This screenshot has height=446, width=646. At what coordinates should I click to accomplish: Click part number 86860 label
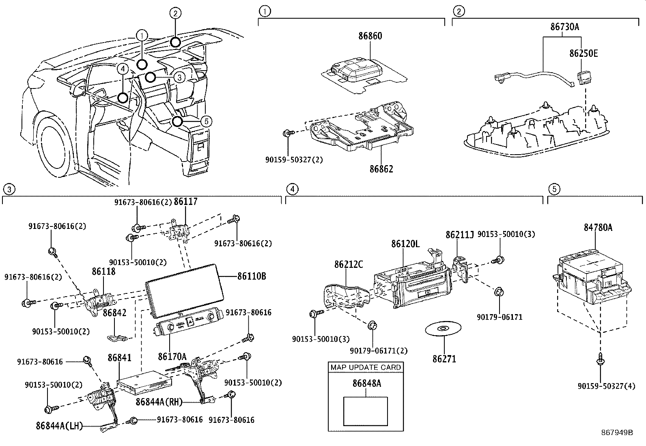tap(370, 36)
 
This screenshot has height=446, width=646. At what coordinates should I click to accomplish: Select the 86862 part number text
tap(381, 169)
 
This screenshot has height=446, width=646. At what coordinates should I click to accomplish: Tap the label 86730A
tap(564, 27)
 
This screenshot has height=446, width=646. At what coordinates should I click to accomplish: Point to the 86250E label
tap(583, 53)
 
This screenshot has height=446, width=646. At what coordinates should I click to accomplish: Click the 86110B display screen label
tap(252, 276)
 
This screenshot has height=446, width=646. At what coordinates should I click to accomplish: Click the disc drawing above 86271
tap(443, 328)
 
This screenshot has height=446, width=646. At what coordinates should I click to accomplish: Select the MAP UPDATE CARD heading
tap(366, 367)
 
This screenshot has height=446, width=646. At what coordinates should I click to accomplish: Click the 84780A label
tap(598, 228)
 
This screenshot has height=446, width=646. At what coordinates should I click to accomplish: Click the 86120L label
tap(405, 244)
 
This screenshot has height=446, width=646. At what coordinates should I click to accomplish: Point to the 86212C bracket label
tap(349, 265)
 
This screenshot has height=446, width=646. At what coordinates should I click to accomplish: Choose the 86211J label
tap(459, 235)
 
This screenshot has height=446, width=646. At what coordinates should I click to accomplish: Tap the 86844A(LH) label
tap(59, 426)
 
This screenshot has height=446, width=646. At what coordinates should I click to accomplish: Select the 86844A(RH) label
tap(159, 402)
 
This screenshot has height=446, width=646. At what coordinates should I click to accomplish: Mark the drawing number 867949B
tap(617, 432)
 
